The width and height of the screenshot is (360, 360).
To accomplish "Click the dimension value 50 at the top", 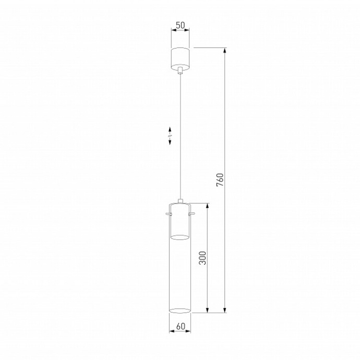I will pos(181,25).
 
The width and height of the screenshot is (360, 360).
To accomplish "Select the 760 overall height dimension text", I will pos(220,179).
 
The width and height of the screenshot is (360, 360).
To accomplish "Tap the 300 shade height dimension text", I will pos(203,257).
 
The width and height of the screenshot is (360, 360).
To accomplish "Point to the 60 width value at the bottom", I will pos(181,327).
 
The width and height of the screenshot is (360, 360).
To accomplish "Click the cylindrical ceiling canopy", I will pos(181,57).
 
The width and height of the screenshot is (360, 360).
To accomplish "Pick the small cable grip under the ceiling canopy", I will pos(181,70).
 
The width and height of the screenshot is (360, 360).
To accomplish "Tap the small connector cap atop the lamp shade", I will pos(181,200).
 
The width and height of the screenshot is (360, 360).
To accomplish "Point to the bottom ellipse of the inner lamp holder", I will pos(181,238).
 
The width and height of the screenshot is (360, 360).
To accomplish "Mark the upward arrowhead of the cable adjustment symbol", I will pos(170,128).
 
